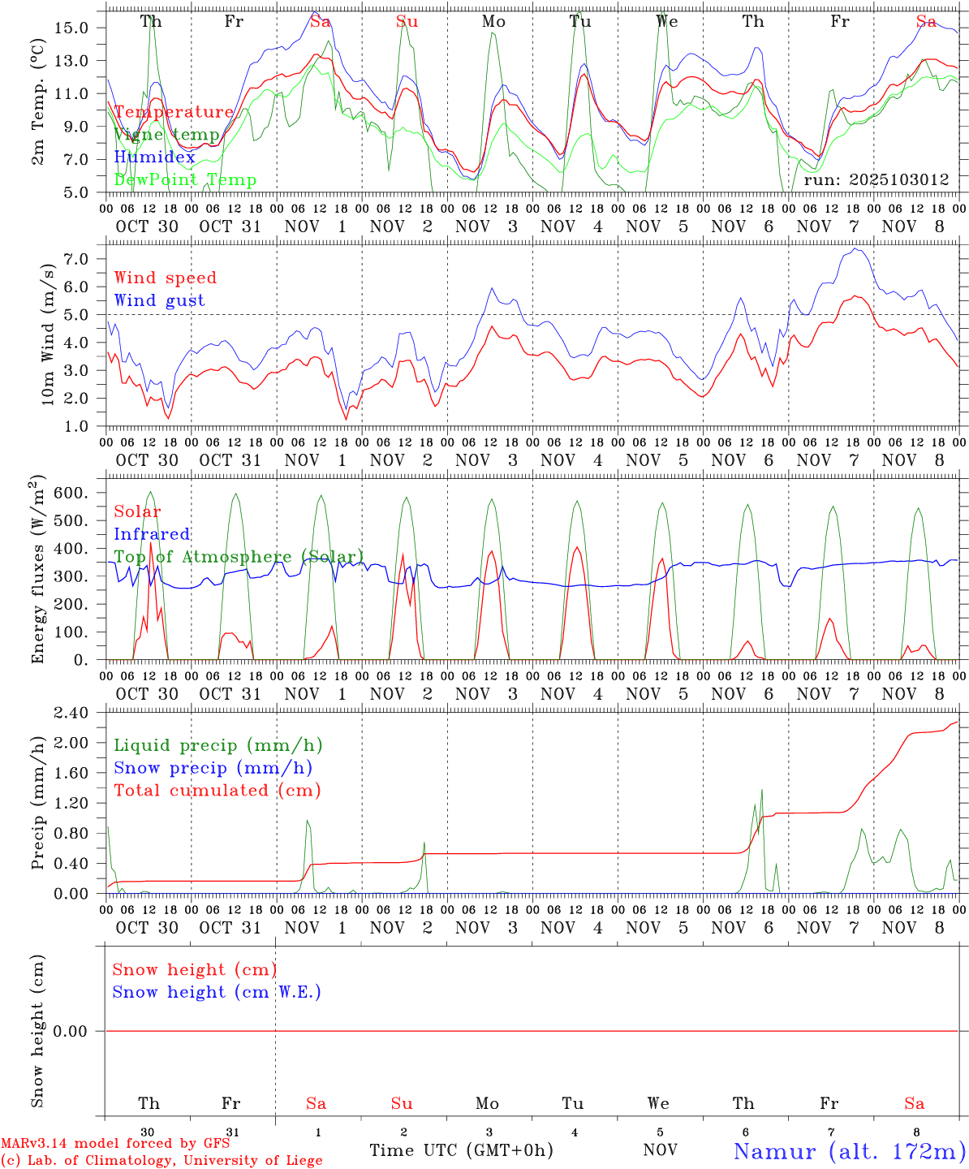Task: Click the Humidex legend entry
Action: pyautogui.click(x=154, y=157)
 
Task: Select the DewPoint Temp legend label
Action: pyautogui.click(x=185, y=180)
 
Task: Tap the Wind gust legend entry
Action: pyautogui.click(x=159, y=300)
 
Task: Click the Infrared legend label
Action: pyautogui.click(x=152, y=534)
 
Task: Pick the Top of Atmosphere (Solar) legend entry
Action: pyautogui.click(x=239, y=557)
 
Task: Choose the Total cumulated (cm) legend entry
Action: pyautogui.click(x=217, y=791)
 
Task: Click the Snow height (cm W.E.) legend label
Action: pyautogui.click(x=217, y=992)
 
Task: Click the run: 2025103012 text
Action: pyautogui.click(x=876, y=180)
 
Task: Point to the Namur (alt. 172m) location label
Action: pyautogui.click(x=849, y=1151)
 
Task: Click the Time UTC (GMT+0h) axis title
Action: pyautogui.click(x=461, y=1150)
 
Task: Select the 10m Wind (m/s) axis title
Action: pyautogui.click(x=48, y=334)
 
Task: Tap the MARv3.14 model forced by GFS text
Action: pyautogui.click(x=115, y=1143)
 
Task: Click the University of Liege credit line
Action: pyautogui.click(x=161, y=1160)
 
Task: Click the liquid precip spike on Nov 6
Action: pyautogui.click(x=761, y=790)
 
